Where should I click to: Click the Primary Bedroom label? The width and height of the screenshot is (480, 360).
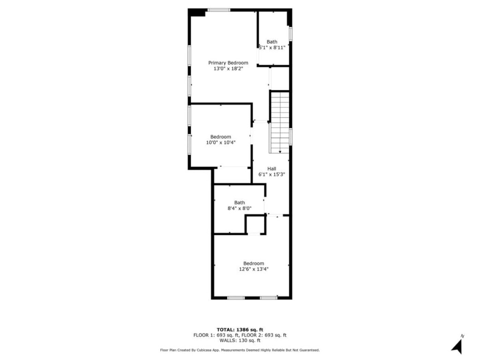coord(228,63)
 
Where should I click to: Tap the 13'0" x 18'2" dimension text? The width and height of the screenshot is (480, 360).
coord(228,68)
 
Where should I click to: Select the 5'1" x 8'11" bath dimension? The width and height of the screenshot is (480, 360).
coord(272,47)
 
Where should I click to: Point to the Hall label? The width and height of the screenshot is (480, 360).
coord(271,169)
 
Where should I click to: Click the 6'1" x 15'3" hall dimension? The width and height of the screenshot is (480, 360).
coord(271,174)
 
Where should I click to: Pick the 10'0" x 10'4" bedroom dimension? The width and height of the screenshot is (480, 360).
coord(220,142)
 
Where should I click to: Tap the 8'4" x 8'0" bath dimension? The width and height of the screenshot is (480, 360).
coord(240,208)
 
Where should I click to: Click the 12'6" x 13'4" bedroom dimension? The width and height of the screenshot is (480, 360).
coord(254,269)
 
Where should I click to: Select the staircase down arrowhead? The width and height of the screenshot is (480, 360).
coord(280,151)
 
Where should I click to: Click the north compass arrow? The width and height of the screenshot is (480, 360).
coord(457,347)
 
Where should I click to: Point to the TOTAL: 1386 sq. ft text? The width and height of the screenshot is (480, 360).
coord(240,330)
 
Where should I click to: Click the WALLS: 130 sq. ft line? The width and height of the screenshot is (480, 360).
coord(240,340)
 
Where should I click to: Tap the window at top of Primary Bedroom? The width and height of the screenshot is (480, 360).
coord(219,10)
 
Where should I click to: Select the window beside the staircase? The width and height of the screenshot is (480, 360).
coord(291,136)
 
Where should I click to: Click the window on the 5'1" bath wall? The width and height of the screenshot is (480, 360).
coord(291,34)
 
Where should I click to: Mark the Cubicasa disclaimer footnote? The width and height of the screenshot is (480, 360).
coord(240,350)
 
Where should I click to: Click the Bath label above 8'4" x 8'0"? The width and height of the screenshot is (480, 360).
coord(240,202)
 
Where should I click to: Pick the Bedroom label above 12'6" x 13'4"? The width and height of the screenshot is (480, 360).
coord(254,263)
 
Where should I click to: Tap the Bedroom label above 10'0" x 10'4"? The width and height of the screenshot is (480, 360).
coord(220,137)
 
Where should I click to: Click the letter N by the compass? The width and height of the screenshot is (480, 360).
coord(462,336)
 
